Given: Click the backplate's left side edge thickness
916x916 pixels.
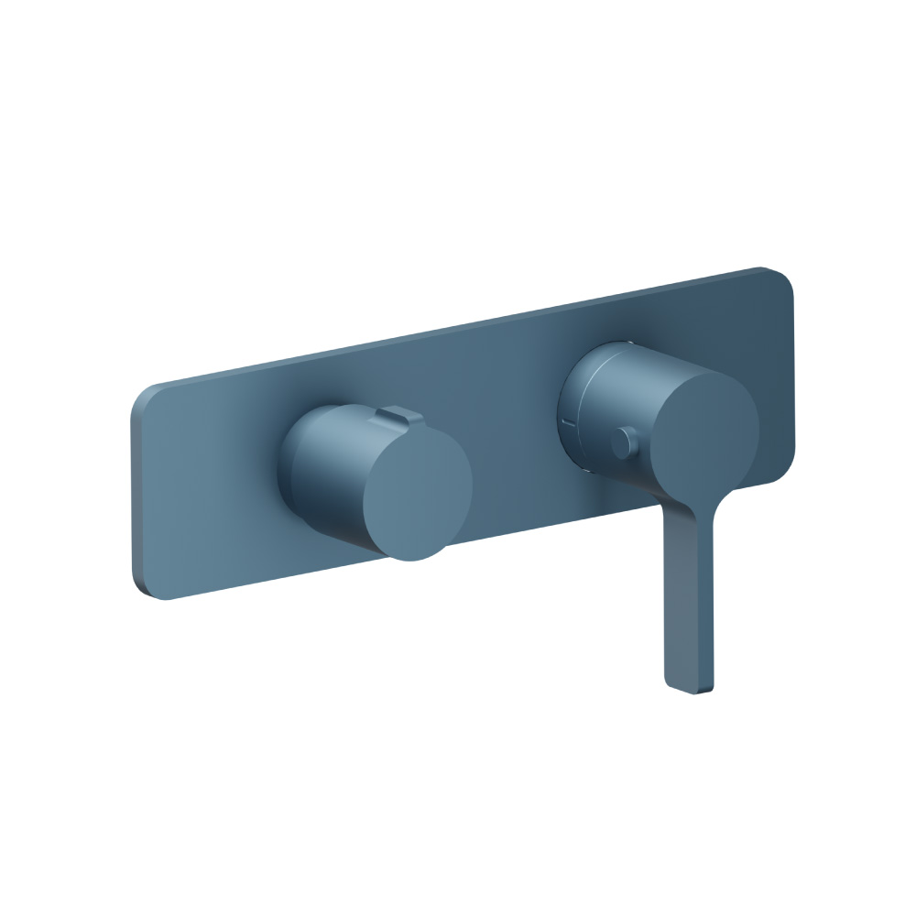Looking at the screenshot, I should click(136, 495).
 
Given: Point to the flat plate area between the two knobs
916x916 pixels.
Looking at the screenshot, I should click(513, 440).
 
